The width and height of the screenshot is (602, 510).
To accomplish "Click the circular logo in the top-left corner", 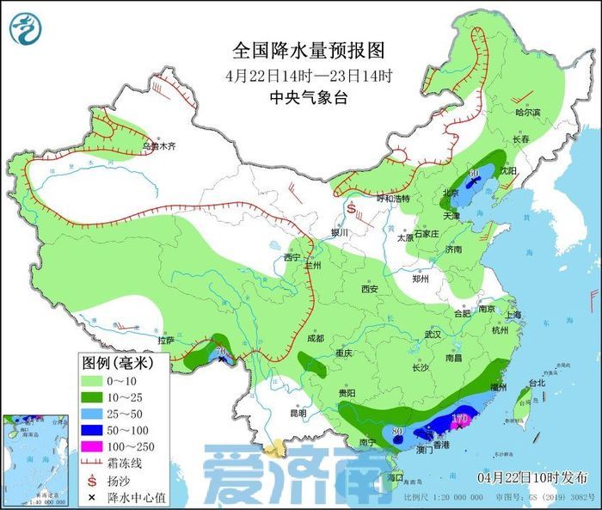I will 26,28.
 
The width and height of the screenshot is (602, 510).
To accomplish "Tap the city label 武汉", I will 408,334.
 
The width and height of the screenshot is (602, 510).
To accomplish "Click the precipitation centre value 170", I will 459,419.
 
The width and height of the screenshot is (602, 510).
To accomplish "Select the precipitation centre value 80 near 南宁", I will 397,430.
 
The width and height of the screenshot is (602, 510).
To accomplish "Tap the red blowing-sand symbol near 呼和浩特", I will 351,207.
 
